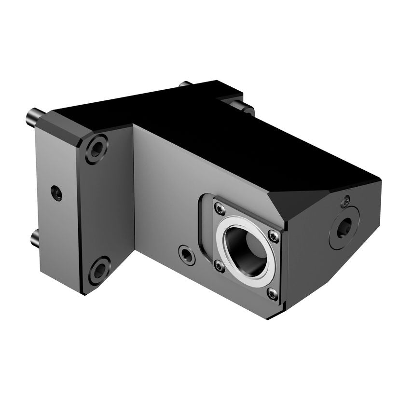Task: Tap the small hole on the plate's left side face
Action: pyautogui.click(x=57, y=193)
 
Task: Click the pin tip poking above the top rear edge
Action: pyautogui.click(x=185, y=84)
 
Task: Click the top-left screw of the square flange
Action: pyautogui.click(x=220, y=208)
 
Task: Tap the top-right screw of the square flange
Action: pyautogui.click(x=274, y=236)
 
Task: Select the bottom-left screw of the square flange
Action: pyautogui.click(x=220, y=265)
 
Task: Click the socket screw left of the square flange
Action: pyautogui.click(x=187, y=254)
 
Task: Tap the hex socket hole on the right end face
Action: pyautogui.click(x=344, y=227)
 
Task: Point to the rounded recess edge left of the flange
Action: pyautogui.click(x=203, y=227)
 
